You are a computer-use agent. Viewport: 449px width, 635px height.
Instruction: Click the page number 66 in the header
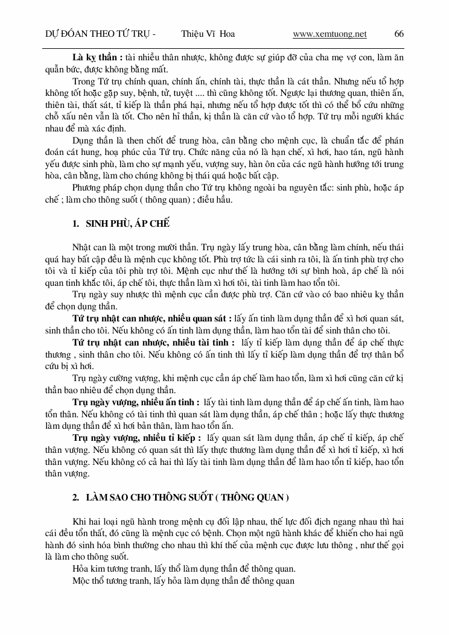[398, 34]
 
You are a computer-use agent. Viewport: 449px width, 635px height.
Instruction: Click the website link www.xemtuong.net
[330, 34]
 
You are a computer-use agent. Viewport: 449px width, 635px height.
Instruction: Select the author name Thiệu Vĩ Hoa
[208, 34]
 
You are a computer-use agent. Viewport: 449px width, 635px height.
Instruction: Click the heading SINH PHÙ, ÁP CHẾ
[128, 224]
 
